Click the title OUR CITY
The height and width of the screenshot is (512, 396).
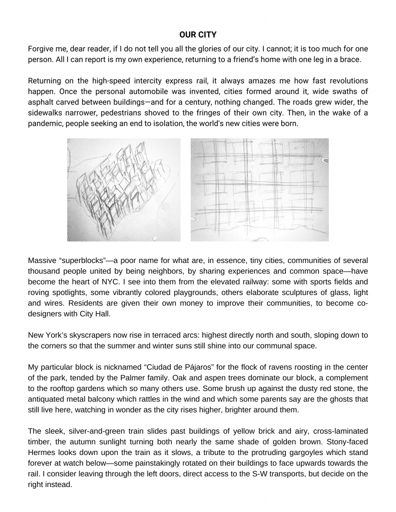pyautogui.click(x=198, y=34)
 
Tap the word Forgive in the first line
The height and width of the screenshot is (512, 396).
pyautogui.click(x=42, y=48)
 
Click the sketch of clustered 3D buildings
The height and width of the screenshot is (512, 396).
pyautogui.click(x=124, y=190)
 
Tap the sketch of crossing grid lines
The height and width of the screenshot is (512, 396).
pyautogui.click(x=259, y=190)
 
